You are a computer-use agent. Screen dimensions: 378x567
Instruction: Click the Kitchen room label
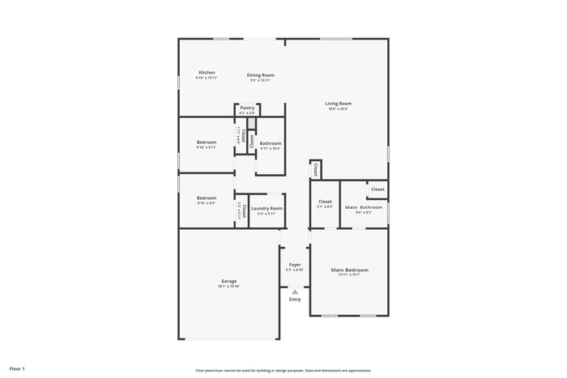[207, 72]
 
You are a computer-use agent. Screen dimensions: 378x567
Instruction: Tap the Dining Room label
[261, 75]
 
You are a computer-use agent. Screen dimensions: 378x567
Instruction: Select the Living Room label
[339, 103]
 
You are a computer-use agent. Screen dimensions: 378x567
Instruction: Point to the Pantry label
[247, 108]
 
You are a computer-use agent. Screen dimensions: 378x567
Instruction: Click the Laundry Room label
[266, 208]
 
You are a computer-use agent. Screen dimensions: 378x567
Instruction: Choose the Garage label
[229, 281]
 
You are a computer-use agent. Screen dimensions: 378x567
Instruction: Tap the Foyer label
[295, 264]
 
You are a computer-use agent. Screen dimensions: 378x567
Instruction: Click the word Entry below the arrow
[295, 299]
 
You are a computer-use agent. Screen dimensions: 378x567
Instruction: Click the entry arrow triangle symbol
[295, 291]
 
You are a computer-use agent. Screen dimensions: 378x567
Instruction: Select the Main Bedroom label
[349, 270]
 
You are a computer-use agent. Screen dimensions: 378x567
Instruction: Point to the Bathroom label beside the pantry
[270, 143]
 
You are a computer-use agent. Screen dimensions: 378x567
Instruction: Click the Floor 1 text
[17, 368]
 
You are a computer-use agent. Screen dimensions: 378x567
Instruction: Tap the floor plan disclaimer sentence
[283, 370]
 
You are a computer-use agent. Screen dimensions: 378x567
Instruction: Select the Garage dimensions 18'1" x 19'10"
[229, 287]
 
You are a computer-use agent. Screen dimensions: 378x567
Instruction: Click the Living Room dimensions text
[339, 108]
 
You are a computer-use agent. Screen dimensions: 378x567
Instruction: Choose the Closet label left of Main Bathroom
[325, 202]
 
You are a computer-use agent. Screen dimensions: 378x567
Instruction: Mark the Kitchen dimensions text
[207, 78]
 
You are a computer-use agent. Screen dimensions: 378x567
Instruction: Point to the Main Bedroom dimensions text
[349, 275]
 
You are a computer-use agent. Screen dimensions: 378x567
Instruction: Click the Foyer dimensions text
[295, 270]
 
